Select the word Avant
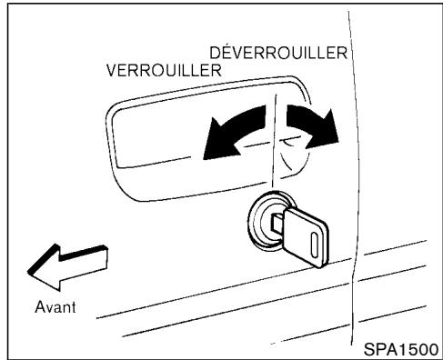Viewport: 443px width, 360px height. [x=54, y=305]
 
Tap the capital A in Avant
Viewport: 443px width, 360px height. [x=39, y=305]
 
